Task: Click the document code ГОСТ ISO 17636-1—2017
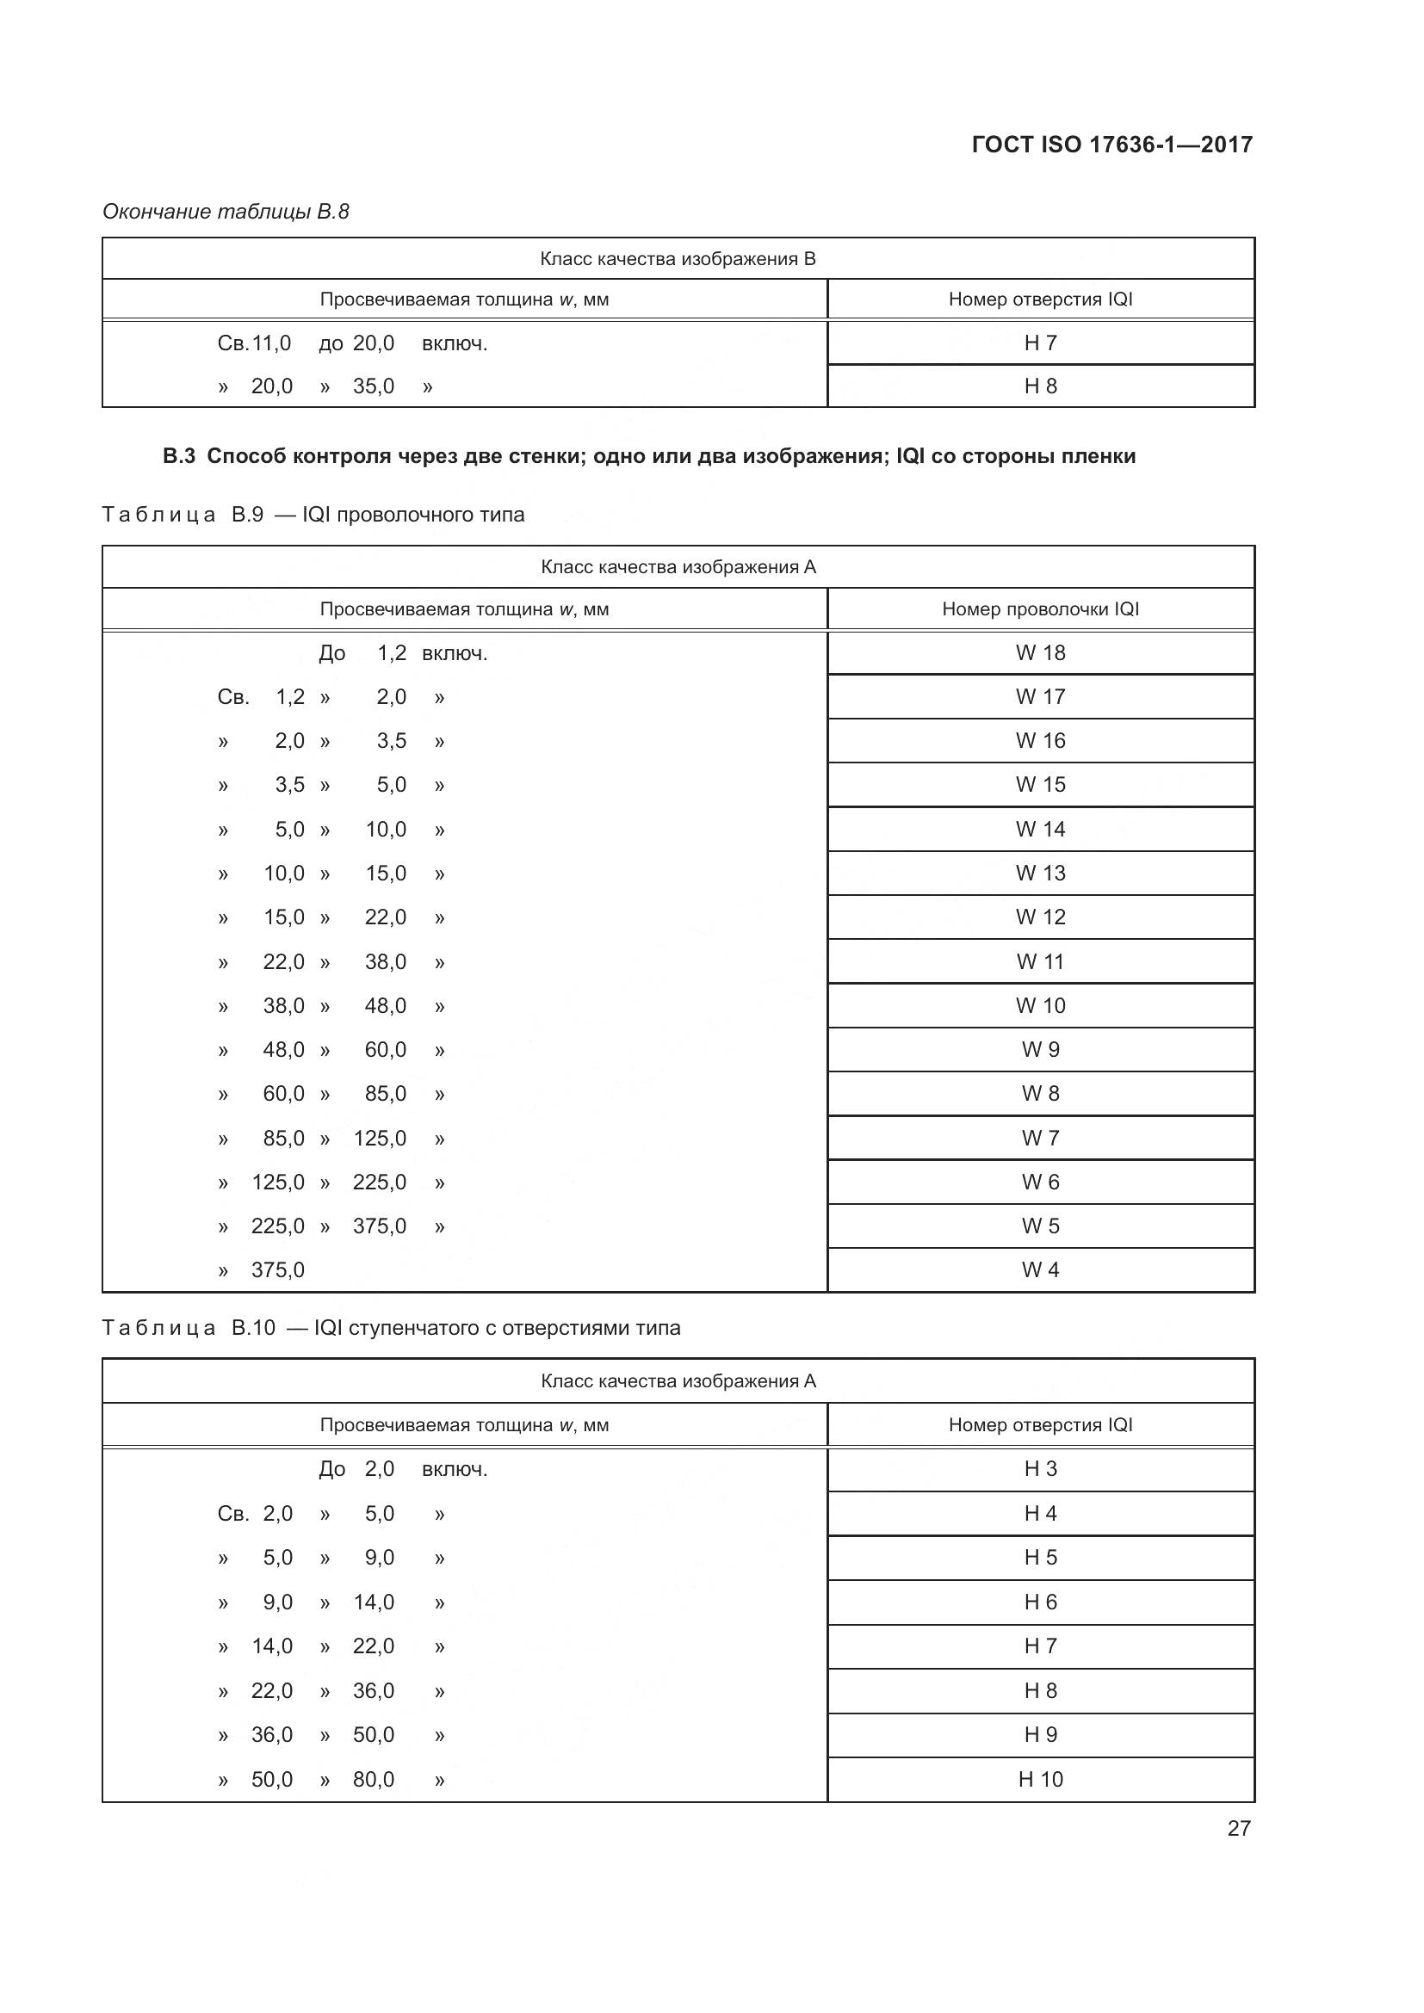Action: pos(1111,145)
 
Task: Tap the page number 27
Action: pos(1238,1828)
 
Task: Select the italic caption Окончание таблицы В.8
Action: pos(226,212)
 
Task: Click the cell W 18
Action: pos(1040,653)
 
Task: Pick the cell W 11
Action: pos(1040,962)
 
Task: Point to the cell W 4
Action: pos(1040,1269)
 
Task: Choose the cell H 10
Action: pos(1040,1779)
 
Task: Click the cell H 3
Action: pos(1040,1468)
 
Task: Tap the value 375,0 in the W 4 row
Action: pos(277,1269)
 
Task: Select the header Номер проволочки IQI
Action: pos(1040,609)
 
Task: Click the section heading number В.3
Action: pos(179,456)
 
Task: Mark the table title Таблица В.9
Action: pos(183,515)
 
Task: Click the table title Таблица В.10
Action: pos(188,1327)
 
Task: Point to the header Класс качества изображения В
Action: pos(678,259)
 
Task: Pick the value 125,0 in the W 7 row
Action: pos(380,1138)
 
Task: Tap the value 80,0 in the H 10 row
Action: pos(374,1779)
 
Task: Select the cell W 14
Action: pos(1040,830)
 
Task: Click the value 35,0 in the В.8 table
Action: pos(374,386)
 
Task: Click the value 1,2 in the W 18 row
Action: pos(391,653)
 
